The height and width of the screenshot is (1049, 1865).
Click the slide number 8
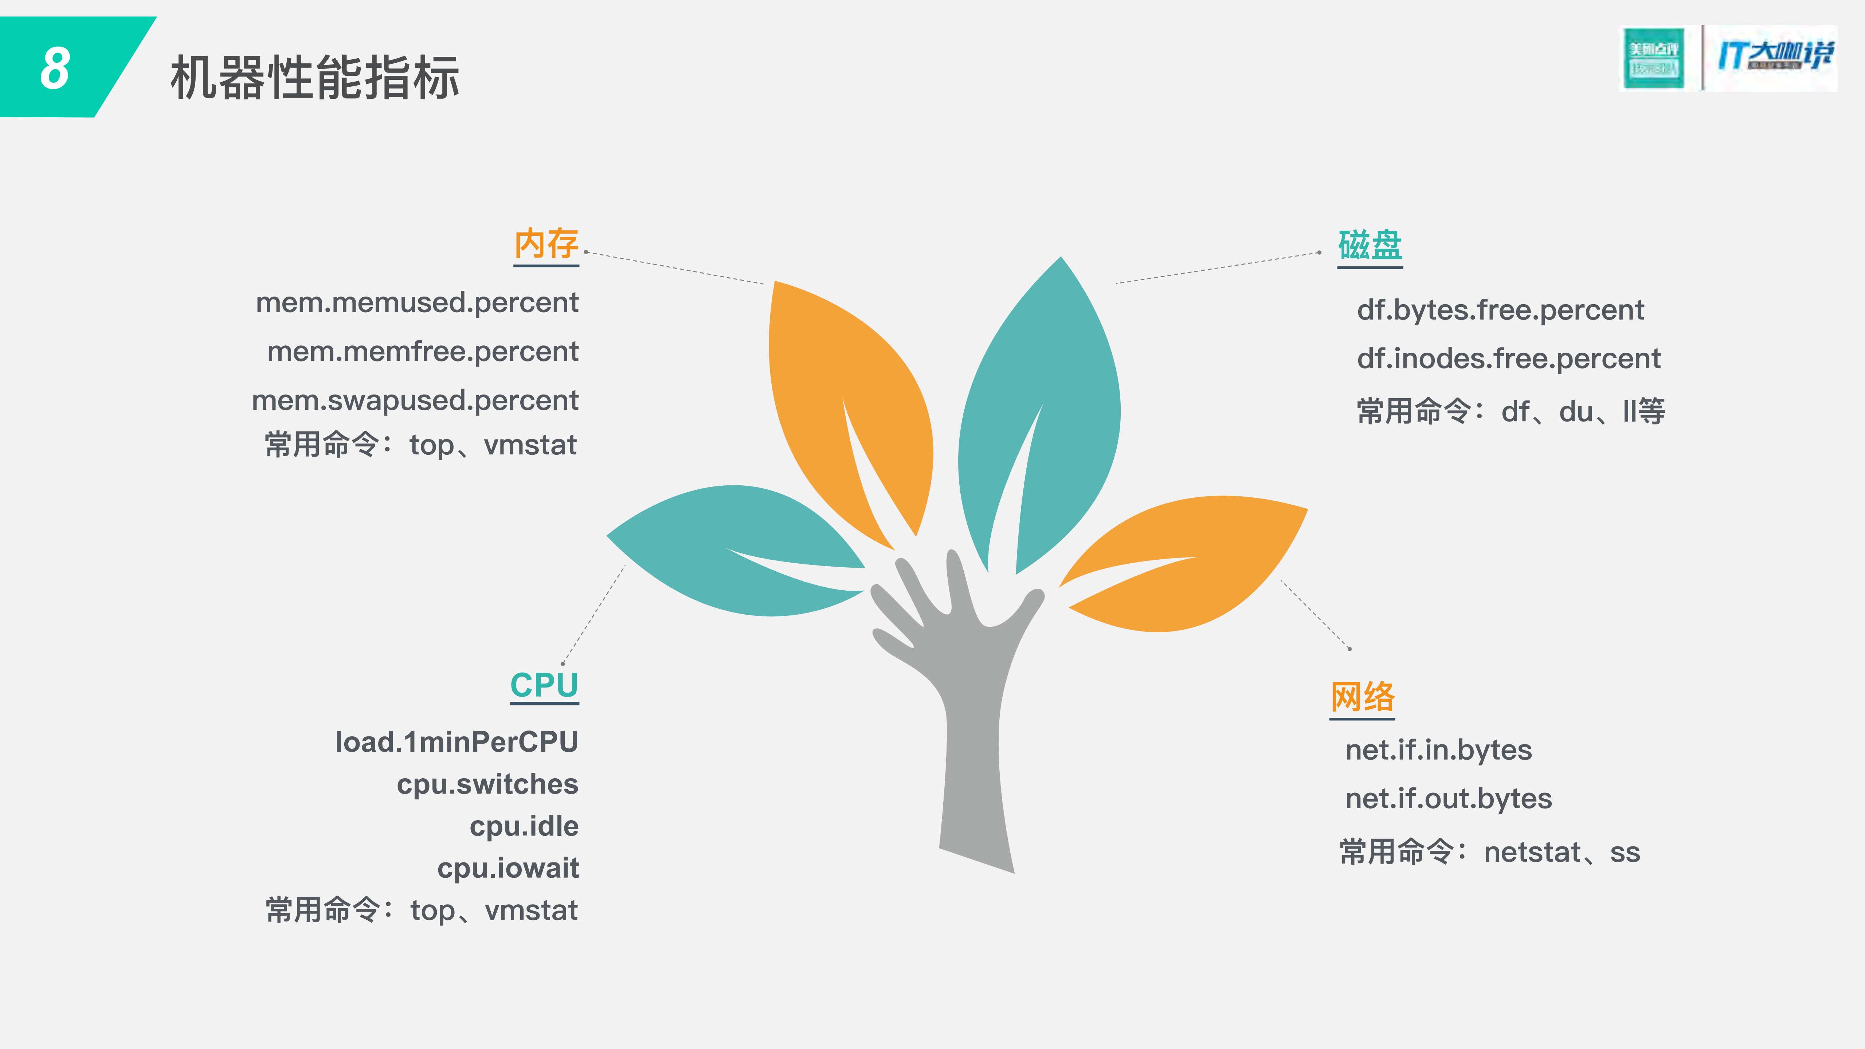pyautogui.click(x=55, y=69)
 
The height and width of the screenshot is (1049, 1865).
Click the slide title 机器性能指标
pyautogui.click(x=315, y=78)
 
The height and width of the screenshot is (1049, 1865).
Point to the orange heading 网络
pyautogui.click(x=1362, y=696)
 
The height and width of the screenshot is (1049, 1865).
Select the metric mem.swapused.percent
pyautogui.click(x=415, y=400)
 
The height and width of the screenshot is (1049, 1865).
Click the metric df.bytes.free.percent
pyautogui.click(x=1500, y=310)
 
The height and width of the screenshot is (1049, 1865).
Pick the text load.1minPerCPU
pyautogui.click(x=456, y=742)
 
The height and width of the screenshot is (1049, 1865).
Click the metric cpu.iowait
pyautogui.click(x=508, y=868)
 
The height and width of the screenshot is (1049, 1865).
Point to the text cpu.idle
pyautogui.click(x=524, y=826)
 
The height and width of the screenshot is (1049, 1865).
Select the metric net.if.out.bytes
pyautogui.click(x=1448, y=799)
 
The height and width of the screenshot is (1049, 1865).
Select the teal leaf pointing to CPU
pyautogui.click(x=731, y=550)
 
